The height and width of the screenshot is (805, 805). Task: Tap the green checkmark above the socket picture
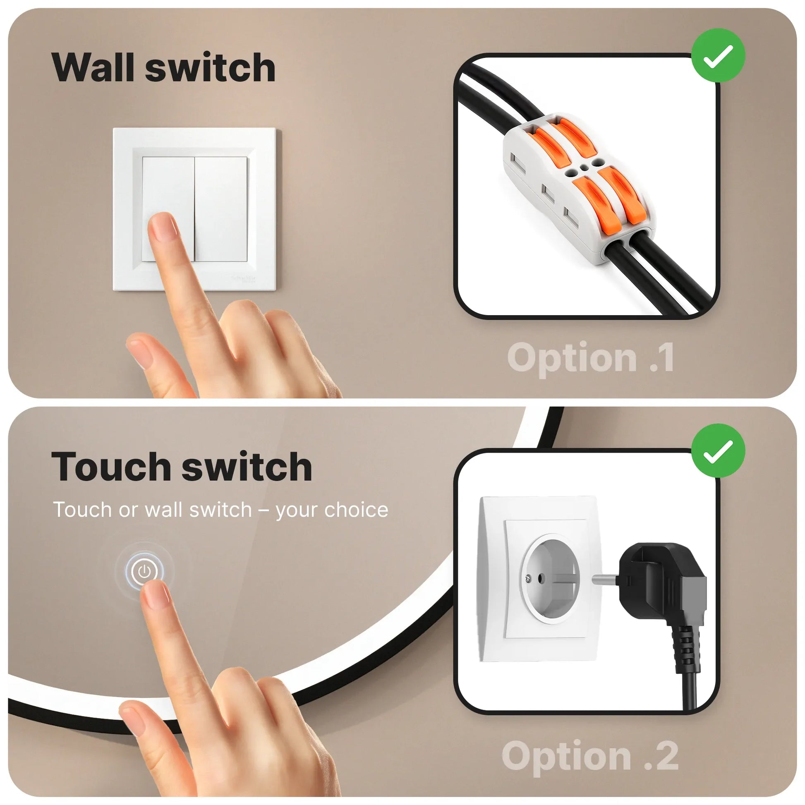point(718,451)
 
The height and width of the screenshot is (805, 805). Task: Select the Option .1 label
point(590,357)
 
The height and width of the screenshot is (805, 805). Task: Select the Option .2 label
point(590,756)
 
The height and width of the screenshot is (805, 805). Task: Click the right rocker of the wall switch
point(221,208)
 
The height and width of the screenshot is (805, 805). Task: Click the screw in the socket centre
point(529,577)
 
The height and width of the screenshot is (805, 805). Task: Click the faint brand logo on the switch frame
point(244,279)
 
